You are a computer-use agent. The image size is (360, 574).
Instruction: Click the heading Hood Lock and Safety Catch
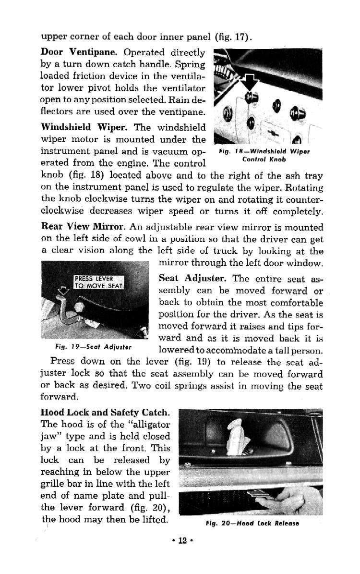click(105, 412)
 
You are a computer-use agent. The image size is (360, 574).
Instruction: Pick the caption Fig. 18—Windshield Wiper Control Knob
click(264, 155)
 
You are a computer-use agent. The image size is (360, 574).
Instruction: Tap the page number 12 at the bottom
click(182, 540)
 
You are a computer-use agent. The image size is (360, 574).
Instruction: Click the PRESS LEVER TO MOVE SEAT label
click(98, 282)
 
